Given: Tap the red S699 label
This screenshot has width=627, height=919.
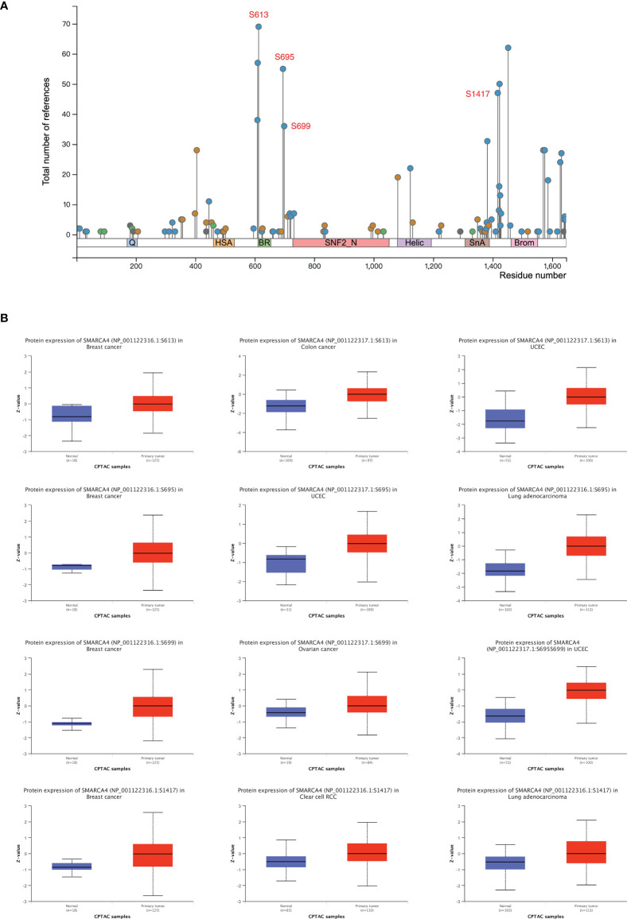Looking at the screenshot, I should click(x=301, y=126).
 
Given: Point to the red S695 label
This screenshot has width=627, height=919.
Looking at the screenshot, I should click(x=285, y=57).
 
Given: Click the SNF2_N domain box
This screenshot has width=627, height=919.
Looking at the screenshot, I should click(x=341, y=242).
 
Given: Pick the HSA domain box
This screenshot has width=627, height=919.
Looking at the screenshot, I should click(x=224, y=242).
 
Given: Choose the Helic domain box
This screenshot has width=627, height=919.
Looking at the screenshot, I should click(x=414, y=242).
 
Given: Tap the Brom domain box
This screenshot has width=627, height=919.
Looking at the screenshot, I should click(x=524, y=242).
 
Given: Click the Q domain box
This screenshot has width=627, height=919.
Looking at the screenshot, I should click(x=132, y=242).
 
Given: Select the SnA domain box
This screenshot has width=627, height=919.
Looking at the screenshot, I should click(x=477, y=242).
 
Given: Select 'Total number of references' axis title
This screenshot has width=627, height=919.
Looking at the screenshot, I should click(x=47, y=125).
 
